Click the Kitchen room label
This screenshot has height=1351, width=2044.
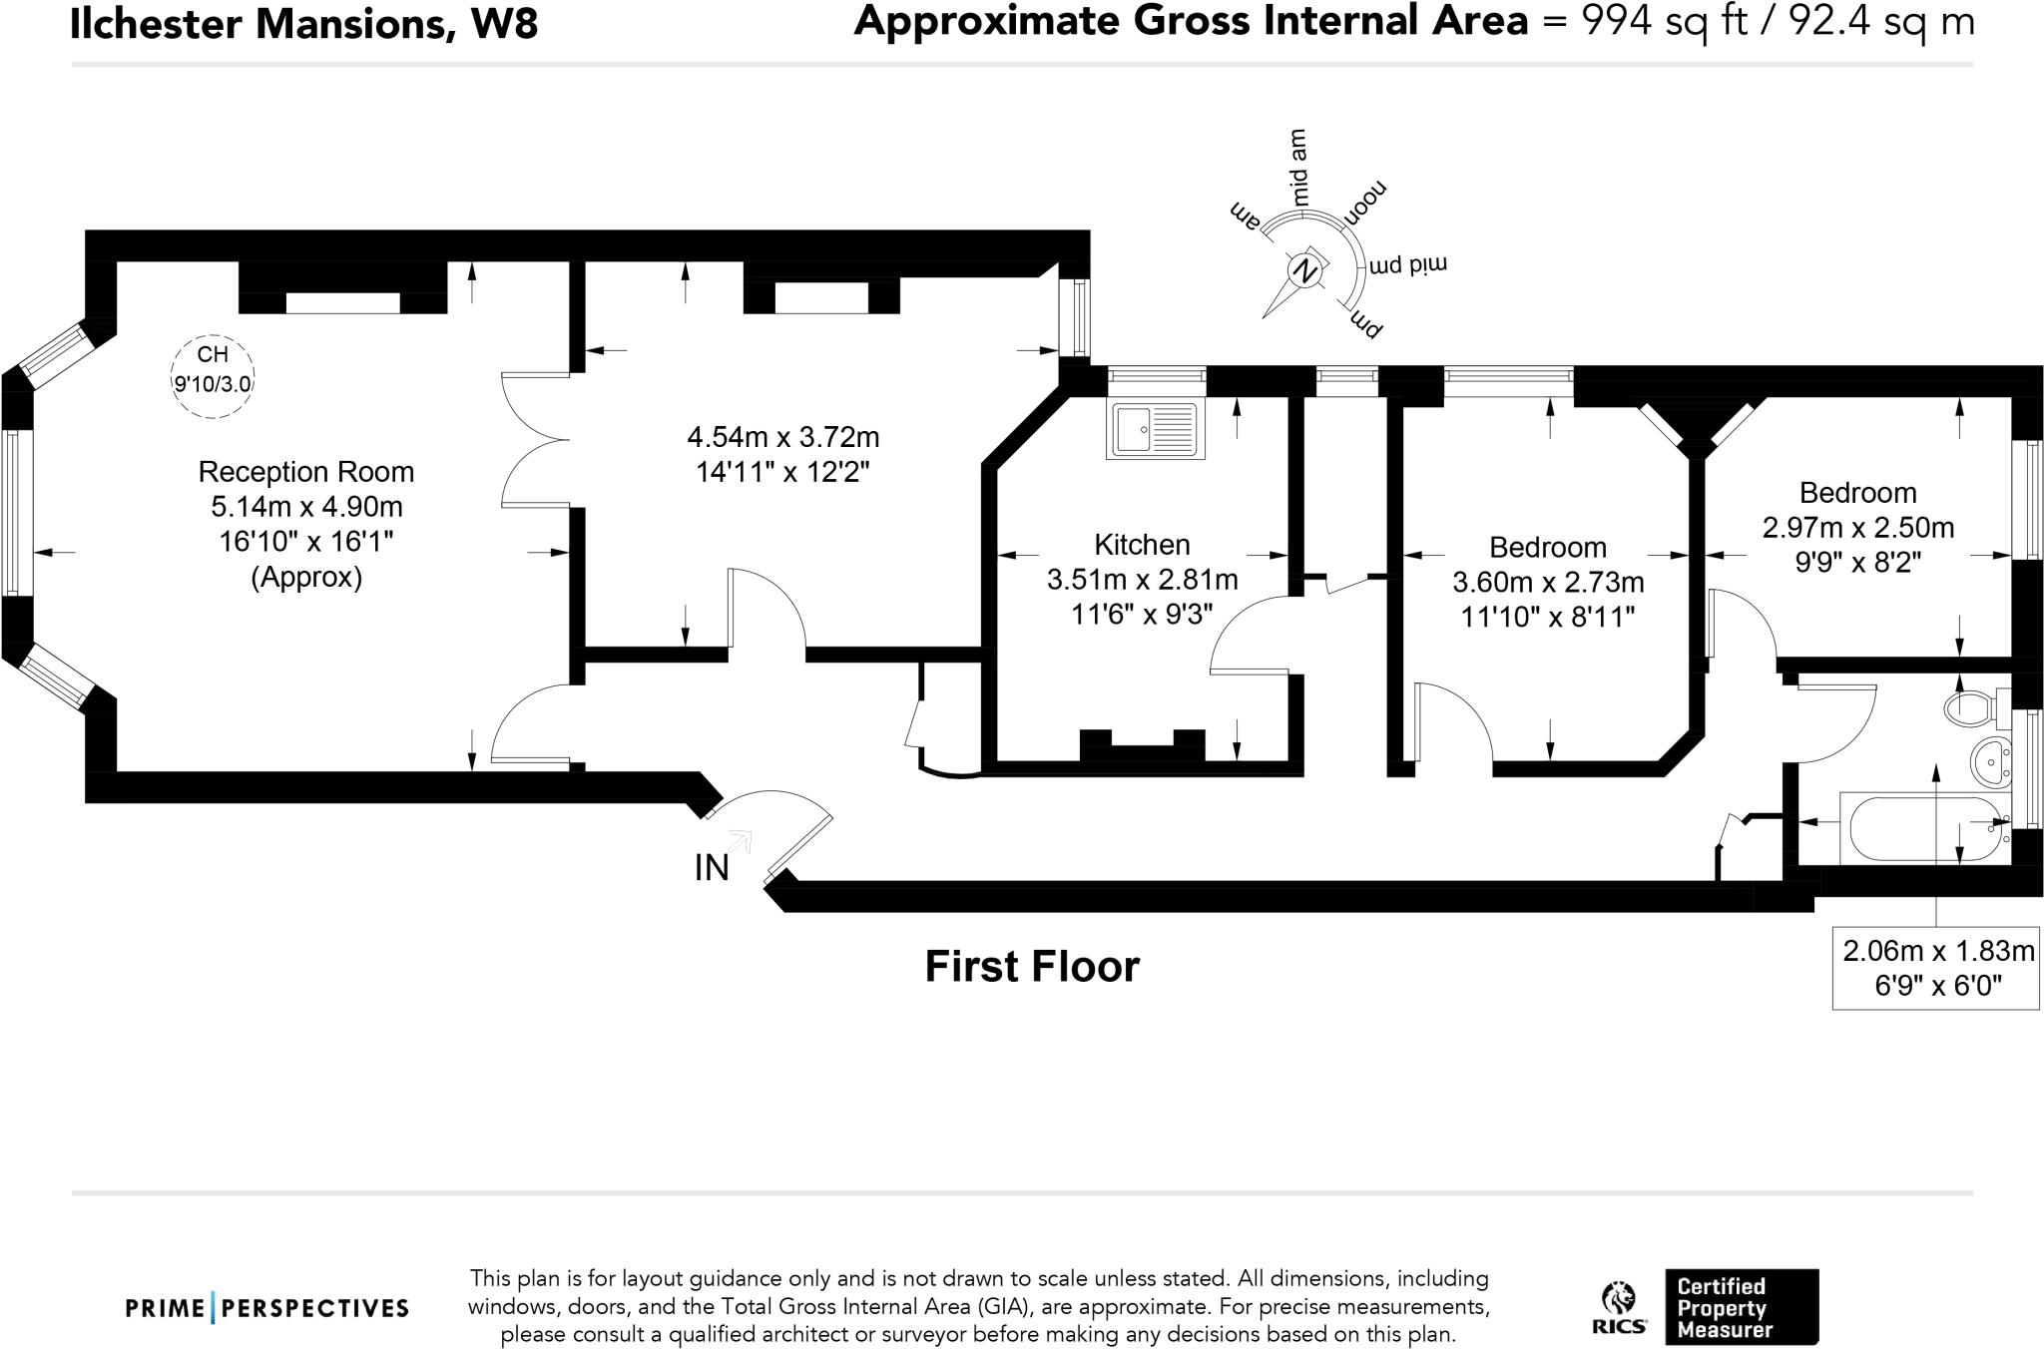point(1142,545)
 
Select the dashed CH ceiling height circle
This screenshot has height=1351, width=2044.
point(213,375)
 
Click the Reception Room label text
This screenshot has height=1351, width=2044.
point(305,472)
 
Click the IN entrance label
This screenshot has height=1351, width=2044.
point(712,868)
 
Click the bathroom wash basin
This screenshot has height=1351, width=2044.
point(1990,763)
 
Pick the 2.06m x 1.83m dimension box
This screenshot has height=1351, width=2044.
point(1936,968)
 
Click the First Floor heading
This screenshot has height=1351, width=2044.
point(1032,966)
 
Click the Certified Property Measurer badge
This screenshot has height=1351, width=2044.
point(1741,1307)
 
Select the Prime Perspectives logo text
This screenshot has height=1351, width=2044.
point(267,1308)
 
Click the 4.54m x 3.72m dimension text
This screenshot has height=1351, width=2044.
point(782,437)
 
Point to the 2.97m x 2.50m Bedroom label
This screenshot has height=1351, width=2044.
point(1857,527)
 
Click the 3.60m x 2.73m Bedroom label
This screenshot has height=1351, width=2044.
point(1547,582)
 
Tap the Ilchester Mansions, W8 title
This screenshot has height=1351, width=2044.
point(303,24)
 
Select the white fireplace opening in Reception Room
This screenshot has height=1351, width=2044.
point(342,303)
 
